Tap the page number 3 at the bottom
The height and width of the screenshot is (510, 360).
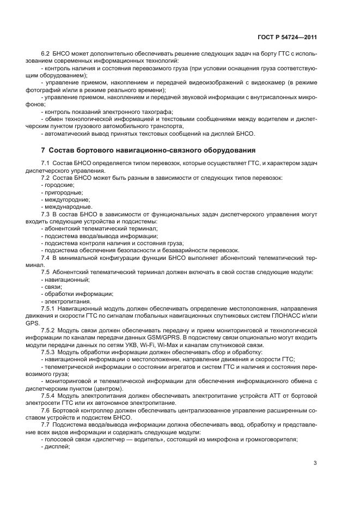[x=315, y=463]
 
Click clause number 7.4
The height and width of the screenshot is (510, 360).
[x=45, y=256]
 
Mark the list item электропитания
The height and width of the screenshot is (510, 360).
[x=64, y=301]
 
